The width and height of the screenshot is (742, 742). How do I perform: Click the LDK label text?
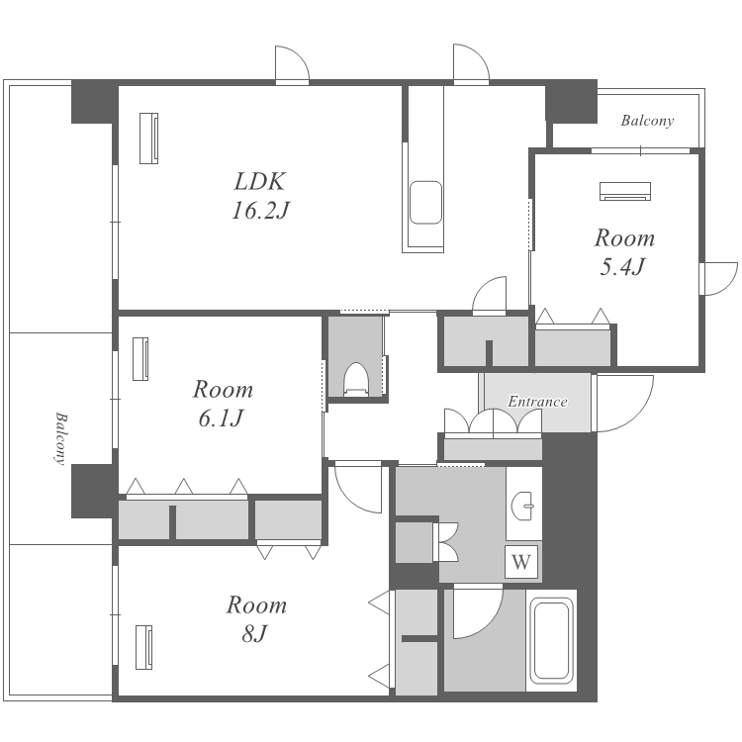pos(260,182)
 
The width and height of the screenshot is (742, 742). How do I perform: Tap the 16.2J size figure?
pos(260,210)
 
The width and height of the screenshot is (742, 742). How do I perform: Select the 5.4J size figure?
pos(622,267)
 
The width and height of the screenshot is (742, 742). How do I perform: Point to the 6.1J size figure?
pos(221,418)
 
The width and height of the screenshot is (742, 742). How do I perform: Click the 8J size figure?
pos(255,633)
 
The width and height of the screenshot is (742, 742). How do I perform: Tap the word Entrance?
pos(537,402)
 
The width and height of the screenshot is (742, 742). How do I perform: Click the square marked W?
pos(521,562)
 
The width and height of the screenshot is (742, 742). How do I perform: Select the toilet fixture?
pos(356,380)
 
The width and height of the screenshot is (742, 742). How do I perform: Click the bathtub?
pos(551,641)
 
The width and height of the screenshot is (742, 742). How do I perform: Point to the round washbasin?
pos(523,506)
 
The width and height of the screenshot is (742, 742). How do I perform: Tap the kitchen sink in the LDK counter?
pos(425,203)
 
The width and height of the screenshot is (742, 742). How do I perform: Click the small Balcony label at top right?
pos(647,121)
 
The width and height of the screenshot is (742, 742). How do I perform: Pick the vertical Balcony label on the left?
pos(60,438)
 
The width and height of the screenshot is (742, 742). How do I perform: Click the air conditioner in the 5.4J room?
pos(625,191)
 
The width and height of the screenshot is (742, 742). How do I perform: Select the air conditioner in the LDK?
pos(148,139)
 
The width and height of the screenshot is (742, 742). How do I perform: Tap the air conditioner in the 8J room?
pos(143,647)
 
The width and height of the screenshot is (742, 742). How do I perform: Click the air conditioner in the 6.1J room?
pos(140,359)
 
